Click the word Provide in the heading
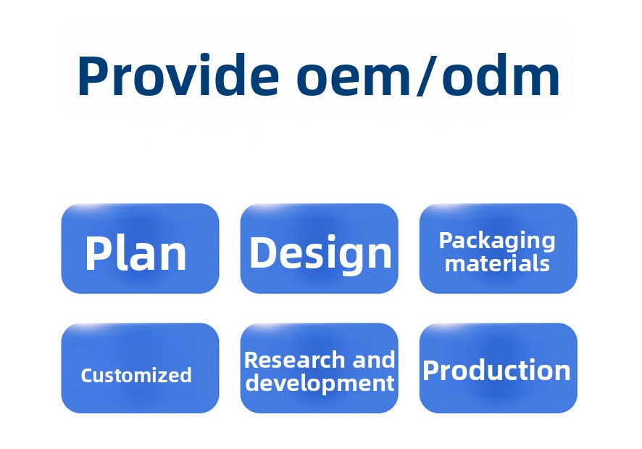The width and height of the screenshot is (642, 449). pos(178,75)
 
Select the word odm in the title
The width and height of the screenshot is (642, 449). pos(501,75)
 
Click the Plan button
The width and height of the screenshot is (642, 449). pos(140,249)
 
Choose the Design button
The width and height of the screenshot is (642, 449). pos(319,249)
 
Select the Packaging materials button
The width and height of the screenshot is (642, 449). pos(499,249)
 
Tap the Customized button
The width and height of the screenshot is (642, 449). pos(140,368)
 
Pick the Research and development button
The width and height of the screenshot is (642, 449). pos(319,368)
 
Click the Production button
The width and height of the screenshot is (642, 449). pos(499,368)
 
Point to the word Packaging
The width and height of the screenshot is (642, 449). pos(497,241)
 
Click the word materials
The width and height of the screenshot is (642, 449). pos(497,263)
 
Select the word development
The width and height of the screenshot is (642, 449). pos(320,384)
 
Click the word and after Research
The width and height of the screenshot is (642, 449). pos(374,360)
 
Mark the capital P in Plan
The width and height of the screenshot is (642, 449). pos(96,253)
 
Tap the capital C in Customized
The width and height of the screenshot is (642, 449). pos(87,375)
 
